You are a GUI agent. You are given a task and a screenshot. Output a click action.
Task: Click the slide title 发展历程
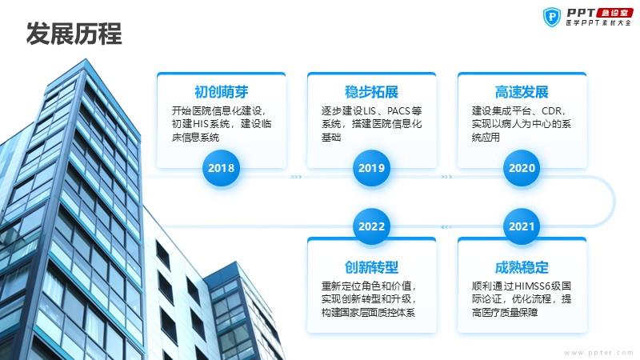(x=74, y=34)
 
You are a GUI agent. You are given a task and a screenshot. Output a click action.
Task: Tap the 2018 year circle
(x=222, y=168)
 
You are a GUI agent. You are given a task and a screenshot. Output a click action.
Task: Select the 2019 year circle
(x=371, y=168)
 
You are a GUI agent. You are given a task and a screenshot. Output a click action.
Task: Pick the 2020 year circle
(x=522, y=168)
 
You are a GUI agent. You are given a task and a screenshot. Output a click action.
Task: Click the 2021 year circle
(x=522, y=226)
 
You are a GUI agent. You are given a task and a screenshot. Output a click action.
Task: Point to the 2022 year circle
(x=371, y=226)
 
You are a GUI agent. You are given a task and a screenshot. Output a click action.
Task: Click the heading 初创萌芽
(x=222, y=92)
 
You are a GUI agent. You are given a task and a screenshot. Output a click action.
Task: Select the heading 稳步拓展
(x=371, y=92)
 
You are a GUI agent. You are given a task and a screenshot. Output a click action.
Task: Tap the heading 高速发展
(x=522, y=92)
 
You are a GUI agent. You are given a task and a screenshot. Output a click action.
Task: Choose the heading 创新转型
(x=371, y=267)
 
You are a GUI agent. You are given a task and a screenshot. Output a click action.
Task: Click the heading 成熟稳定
(x=522, y=267)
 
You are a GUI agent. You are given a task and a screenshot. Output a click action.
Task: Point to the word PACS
(x=398, y=111)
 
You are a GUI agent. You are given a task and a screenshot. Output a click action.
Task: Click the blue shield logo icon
(x=552, y=17)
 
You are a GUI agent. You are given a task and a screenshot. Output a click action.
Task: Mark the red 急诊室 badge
(x=614, y=13)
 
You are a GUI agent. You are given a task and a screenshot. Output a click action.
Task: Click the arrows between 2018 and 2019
(x=296, y=177)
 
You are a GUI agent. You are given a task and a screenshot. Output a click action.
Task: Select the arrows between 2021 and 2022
(x=446, y=227)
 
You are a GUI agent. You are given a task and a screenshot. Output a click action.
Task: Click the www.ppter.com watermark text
(x=598, y=352)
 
